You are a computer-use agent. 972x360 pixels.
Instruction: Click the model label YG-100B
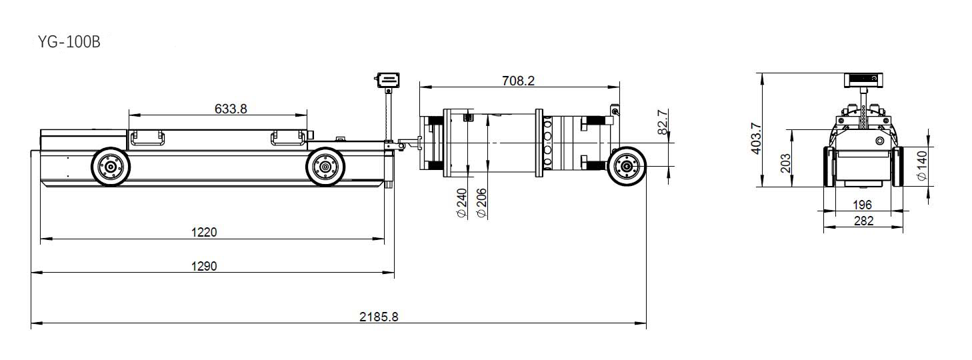click(69, 42)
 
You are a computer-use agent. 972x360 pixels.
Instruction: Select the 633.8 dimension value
click(231, 109)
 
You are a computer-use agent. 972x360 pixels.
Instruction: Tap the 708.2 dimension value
click(518, 81)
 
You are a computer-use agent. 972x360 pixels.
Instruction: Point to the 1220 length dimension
click(204, 232)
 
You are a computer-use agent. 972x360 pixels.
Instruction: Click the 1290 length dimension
click(204, 266)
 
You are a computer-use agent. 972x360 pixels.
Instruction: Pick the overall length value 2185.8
click(379, 317)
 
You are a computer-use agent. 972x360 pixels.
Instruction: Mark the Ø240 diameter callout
click(462, 203)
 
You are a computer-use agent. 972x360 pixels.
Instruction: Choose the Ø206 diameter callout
click(481, 203)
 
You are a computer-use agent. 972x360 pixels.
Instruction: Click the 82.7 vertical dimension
click(662, 122)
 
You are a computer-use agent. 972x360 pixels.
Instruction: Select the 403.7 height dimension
click(756, 138)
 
